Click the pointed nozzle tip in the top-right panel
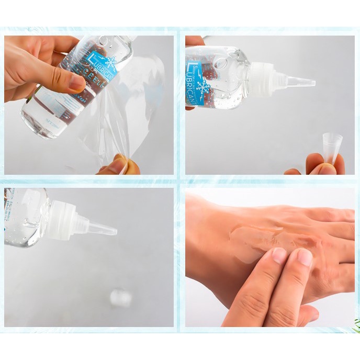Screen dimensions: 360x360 pos(309,83)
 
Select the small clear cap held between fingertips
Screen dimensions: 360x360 pos(331,147)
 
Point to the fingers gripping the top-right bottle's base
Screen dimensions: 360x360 pos(194,41)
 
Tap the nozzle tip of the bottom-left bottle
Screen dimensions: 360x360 pos(110,229)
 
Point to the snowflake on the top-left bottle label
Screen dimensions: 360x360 pos(110,59)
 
